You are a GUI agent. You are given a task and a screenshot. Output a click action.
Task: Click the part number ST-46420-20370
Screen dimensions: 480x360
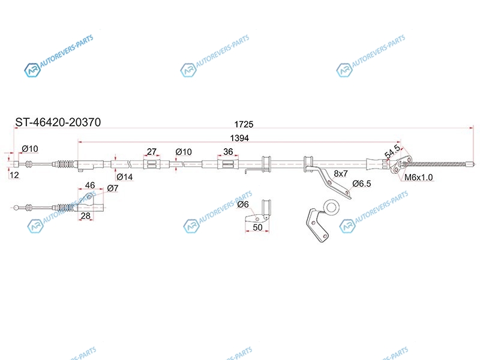[58, 122]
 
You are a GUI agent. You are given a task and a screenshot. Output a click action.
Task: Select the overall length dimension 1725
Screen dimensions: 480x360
[244, 124]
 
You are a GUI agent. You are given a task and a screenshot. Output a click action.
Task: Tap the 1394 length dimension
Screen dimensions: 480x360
[239, 138]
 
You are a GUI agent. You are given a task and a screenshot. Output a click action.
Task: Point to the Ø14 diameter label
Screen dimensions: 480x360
[125, 176]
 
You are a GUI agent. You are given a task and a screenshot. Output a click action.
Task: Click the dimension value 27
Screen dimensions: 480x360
[152, 152]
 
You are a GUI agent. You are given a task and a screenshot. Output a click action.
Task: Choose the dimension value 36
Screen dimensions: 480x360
[228, 152]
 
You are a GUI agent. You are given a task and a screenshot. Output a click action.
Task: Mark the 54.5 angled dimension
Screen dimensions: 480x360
[392, 152]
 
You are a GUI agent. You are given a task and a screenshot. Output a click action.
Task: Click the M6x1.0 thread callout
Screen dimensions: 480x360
[418, 177]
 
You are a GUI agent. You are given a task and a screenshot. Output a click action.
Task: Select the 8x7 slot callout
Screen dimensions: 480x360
[341, 173]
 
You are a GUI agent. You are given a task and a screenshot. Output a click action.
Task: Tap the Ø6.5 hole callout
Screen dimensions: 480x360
[362, 184]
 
